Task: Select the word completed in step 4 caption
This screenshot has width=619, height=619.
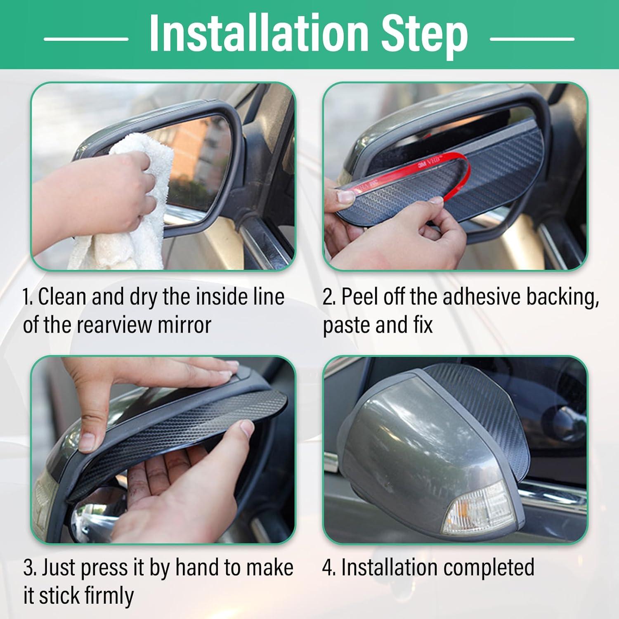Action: (x=488, y=569)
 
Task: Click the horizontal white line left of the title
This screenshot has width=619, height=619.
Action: (x=86, y=39)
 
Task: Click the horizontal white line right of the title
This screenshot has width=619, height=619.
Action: (x=532, y=39)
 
